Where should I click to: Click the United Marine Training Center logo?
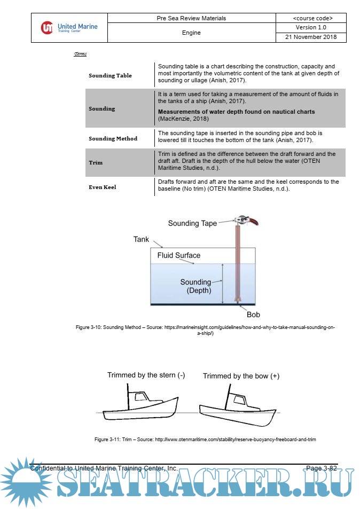[x=69, y=28]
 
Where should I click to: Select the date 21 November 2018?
[x=311, y=37]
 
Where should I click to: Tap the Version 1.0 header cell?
[x=311, y=27]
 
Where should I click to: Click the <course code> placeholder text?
[x=311, y=18]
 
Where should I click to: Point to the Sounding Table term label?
[x=110, y=75]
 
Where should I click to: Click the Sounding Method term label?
[x=113, y=138]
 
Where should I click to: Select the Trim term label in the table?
[x=96, y=162]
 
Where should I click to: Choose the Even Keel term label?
[x=102, y=187]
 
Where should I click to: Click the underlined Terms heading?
[x=80, y=54]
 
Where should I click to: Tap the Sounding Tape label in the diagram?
[x=192, y=223]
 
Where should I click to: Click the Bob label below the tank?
[x=253, y=315]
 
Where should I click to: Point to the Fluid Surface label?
[x=178, y=255]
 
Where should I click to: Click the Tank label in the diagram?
[x=141, y=239]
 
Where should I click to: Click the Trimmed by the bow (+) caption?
[x=241, y=376]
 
